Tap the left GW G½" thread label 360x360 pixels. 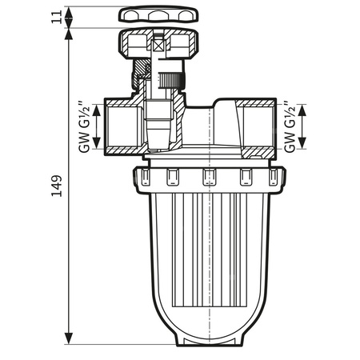tap(82, 126)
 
